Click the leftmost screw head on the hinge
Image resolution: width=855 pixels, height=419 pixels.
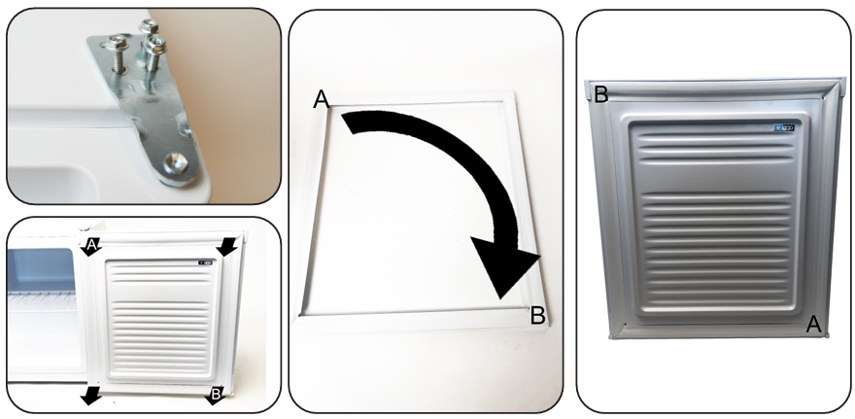pos(118,43)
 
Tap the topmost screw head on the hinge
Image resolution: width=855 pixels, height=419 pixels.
pos(149,25)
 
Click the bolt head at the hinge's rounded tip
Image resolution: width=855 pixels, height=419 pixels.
pos(177,162)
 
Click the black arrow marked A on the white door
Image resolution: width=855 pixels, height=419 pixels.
pos(90,247)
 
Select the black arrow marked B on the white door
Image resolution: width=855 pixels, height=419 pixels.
pos(215,395)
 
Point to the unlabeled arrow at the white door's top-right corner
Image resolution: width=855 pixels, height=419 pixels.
pos(227,247)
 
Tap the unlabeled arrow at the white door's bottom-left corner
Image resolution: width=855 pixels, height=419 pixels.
pos(91,396)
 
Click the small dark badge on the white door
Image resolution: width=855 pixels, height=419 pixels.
pos(206,262)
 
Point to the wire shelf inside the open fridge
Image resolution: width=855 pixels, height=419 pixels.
pos(42,300)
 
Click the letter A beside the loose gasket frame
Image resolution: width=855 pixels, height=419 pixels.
pos(322,99)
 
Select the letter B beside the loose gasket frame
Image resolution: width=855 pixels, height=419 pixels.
pos(537,316)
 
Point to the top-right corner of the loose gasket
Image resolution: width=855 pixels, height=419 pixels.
pos(513,92)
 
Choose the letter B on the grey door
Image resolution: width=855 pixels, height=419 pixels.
pos(600,94)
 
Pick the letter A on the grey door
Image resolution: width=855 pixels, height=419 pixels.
pos(813,324)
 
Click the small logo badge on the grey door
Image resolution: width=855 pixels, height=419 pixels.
pos(784,128)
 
